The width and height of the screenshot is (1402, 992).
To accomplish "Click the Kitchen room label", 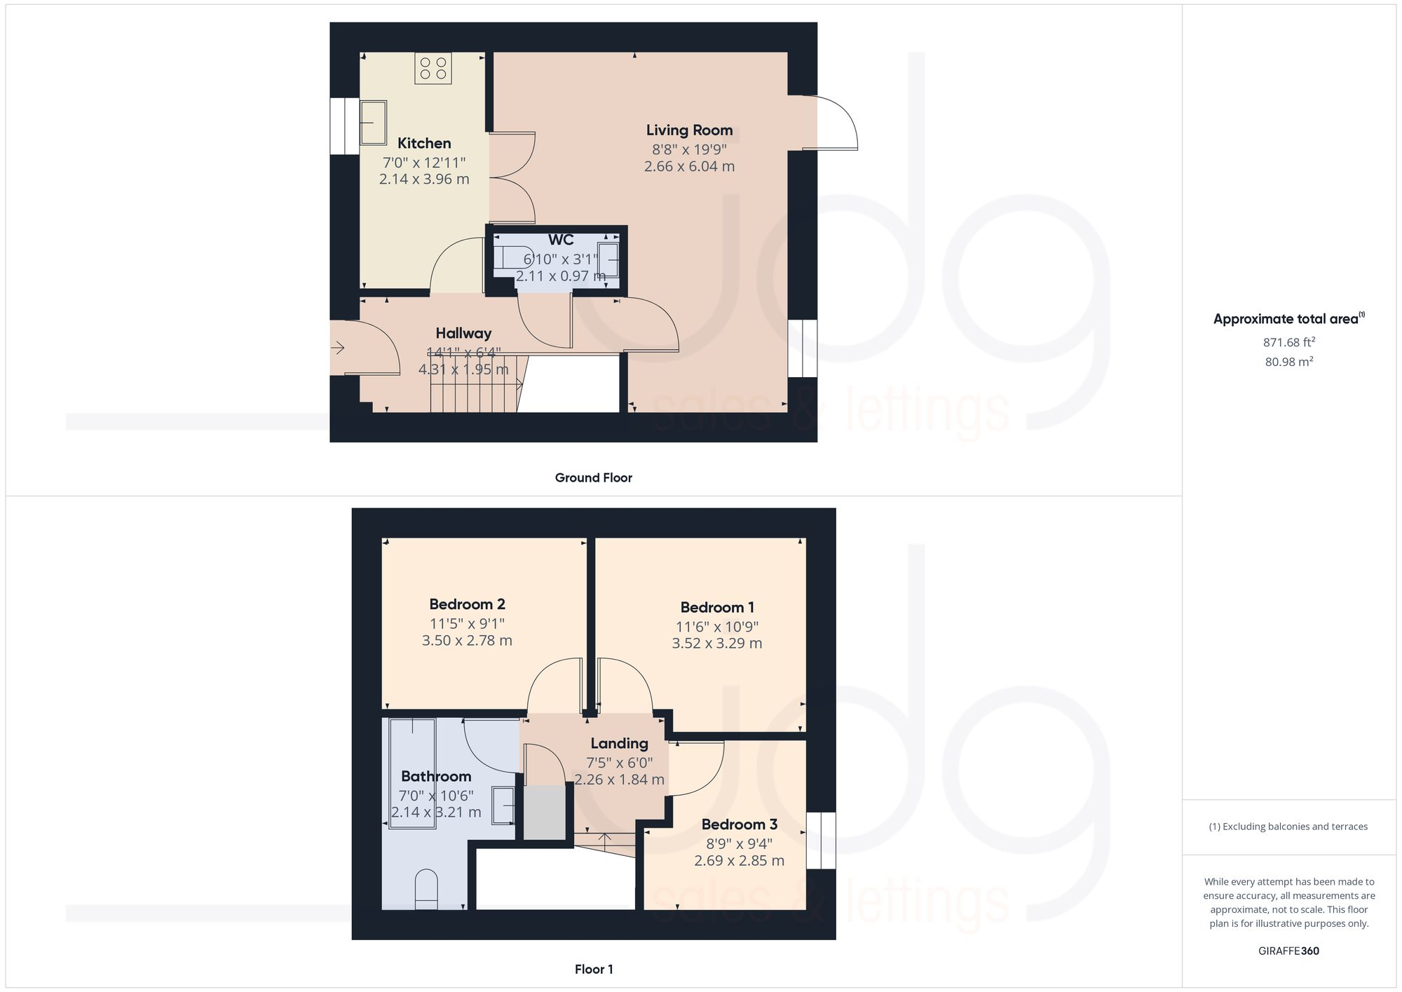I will (x=424, y=144).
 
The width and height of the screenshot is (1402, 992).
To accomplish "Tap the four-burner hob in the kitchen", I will (x=433, y=68).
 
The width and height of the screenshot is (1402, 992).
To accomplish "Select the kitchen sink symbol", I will (x=374, y=122).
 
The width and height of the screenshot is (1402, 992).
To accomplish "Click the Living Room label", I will (x=689, y=130).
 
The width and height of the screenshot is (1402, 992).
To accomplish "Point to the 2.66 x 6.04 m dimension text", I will (x=689, y=167).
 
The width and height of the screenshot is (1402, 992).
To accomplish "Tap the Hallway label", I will (x=463, y=334).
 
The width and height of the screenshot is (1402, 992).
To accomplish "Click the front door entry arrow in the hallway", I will (x=338, y=348).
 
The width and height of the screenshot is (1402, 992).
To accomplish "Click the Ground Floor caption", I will (x=593, y=478).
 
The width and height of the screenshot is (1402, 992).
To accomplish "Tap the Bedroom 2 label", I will (x=467, y=604).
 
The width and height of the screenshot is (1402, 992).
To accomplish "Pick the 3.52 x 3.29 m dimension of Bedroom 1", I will (x=716, y=644).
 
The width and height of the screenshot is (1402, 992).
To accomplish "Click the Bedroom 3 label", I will (x=739, y=824).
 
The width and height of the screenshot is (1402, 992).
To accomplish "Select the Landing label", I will (x=619, y=744).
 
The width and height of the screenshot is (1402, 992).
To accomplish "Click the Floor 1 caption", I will (x=593, y=970).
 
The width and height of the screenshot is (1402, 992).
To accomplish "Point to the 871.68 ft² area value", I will (x=1288, y=343).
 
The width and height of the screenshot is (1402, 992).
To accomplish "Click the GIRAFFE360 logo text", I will (x=1288, y=951).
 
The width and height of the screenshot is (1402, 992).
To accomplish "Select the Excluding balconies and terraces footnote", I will (x=1288, y=827).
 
